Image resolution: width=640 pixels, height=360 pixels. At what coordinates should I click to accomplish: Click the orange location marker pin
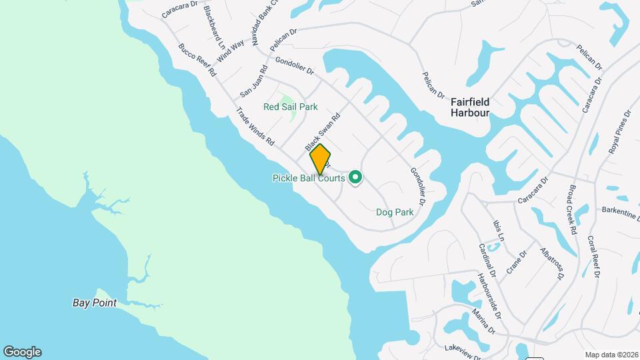[x=320, y=159]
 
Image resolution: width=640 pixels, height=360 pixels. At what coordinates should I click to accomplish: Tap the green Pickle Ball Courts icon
[x=355, y=177]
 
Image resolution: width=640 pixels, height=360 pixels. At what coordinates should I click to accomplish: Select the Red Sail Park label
[x=290, y=107]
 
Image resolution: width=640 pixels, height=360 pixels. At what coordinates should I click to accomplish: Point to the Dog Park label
[x=395, y=212]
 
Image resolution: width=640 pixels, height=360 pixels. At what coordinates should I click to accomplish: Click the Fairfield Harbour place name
[x=470, y=107]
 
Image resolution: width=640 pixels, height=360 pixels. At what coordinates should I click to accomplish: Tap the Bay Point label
[x=95, y=303]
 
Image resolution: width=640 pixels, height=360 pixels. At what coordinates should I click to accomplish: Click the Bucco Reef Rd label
[x=197, y=59]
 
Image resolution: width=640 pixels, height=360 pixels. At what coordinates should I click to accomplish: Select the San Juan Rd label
[x=253, y=82]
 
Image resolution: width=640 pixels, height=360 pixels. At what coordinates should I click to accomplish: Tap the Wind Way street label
[x=231, y=51]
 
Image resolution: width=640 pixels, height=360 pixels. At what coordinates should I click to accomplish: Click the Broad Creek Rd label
[x=571, y=212]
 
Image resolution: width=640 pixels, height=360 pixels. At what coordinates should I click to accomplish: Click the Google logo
[x=22, y=352]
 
